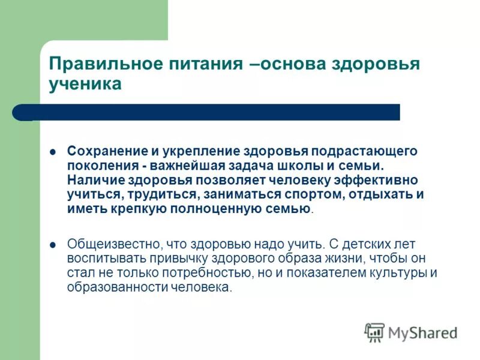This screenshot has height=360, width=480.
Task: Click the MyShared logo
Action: coord(410,332)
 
